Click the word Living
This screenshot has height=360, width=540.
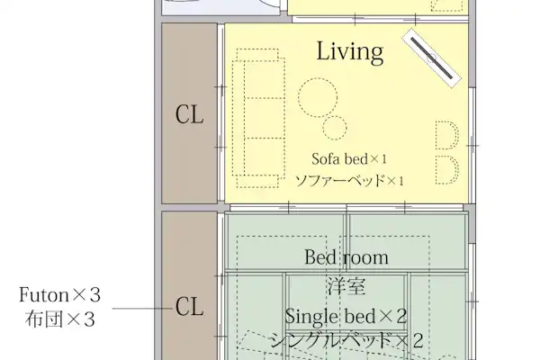[x=349, y=51]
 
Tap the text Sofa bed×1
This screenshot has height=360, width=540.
[x=349, y=158]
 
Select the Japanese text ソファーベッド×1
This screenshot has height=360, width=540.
[x=349, y=180]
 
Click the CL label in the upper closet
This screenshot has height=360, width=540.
[x=189, y=114]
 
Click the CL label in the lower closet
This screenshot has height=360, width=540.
[x=189, y=307]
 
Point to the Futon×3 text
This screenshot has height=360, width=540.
[x=59, y=295]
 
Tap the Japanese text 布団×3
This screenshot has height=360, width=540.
[x=59, y=319]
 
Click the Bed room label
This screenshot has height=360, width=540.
[x=346, y=257]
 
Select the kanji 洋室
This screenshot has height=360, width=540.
[x=346, y=286]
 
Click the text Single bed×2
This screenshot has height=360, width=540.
[x=346, y=316]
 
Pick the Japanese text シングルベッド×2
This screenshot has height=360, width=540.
[x=346, y=340]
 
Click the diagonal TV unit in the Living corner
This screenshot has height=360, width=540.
[x=431, y=58]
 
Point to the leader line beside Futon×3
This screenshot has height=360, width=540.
[x=142, y=309]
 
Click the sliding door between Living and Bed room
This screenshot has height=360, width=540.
[x=346, y=207]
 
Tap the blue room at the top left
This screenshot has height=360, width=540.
[x=220, y=7]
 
